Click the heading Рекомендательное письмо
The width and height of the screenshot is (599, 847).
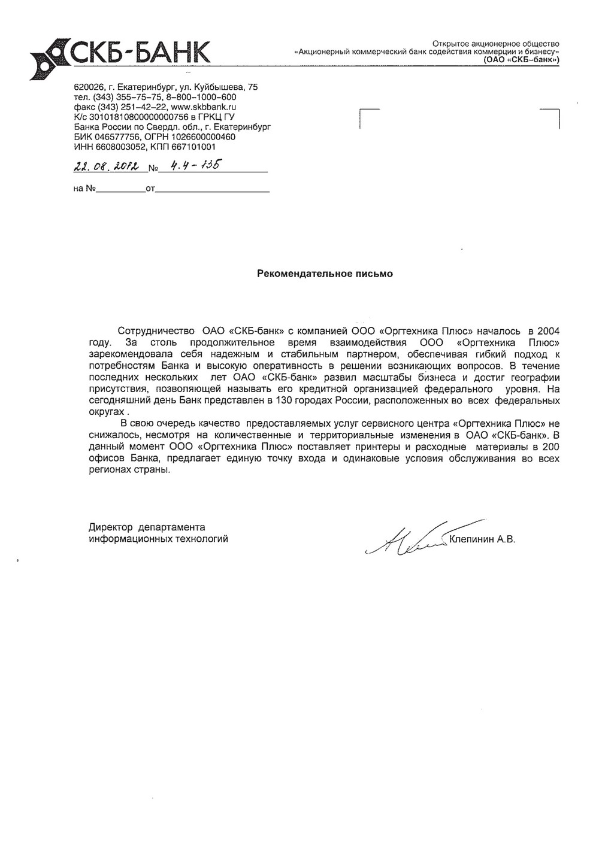[x=325, y=274]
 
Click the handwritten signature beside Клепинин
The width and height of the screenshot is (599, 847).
[x=407, y=536]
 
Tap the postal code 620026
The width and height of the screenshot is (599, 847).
[x=87, y=87]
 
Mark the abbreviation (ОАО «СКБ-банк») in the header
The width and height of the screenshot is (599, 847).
[x=521, y=60]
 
